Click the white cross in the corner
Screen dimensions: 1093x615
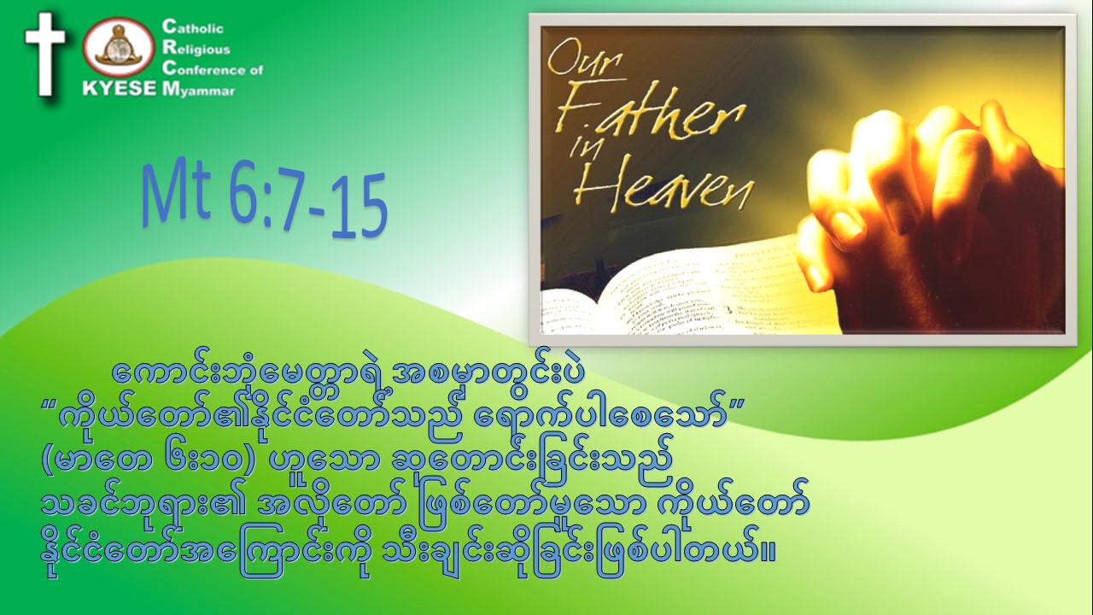tap(45, 54)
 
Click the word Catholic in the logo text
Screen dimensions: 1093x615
tap(193, 27)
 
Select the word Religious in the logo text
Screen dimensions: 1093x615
tap(196, 49)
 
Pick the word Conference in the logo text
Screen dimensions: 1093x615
tap(205, 69)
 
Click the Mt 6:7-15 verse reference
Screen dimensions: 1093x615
tap(265, 199)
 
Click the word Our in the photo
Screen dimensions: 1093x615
tap(585, 61)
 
